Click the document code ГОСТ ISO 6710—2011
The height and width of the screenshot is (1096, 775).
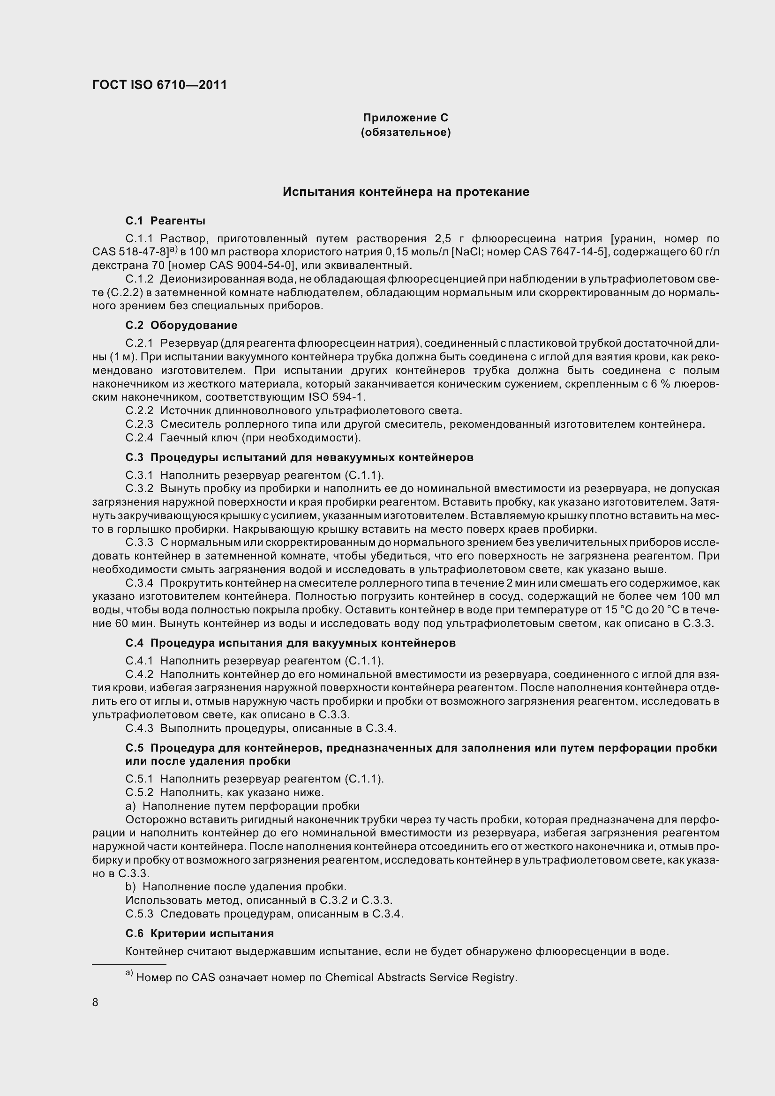(x=159, y=85)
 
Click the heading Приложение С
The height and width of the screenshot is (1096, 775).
(x=406, y=118)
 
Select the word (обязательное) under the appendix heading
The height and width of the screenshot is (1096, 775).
(x=406, y=132)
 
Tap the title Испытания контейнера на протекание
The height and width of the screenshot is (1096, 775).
(x=406, y=192)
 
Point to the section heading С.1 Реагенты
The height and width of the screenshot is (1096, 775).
(x=165, y=221)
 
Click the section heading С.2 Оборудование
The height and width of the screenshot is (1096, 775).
(x=181, y=325)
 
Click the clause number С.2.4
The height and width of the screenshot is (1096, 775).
(x=139, y=438)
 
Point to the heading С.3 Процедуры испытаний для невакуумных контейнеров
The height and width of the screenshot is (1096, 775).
(x=300, y=457)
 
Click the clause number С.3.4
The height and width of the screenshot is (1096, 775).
(x=139, y=583)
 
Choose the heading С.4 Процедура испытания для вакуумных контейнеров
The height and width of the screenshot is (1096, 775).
(x=290, y=643)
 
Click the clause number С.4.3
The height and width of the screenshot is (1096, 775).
(x=139, y=728)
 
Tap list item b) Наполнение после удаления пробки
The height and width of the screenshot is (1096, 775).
(x=236, y=887)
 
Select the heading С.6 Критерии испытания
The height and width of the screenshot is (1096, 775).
(x=200, y=933)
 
